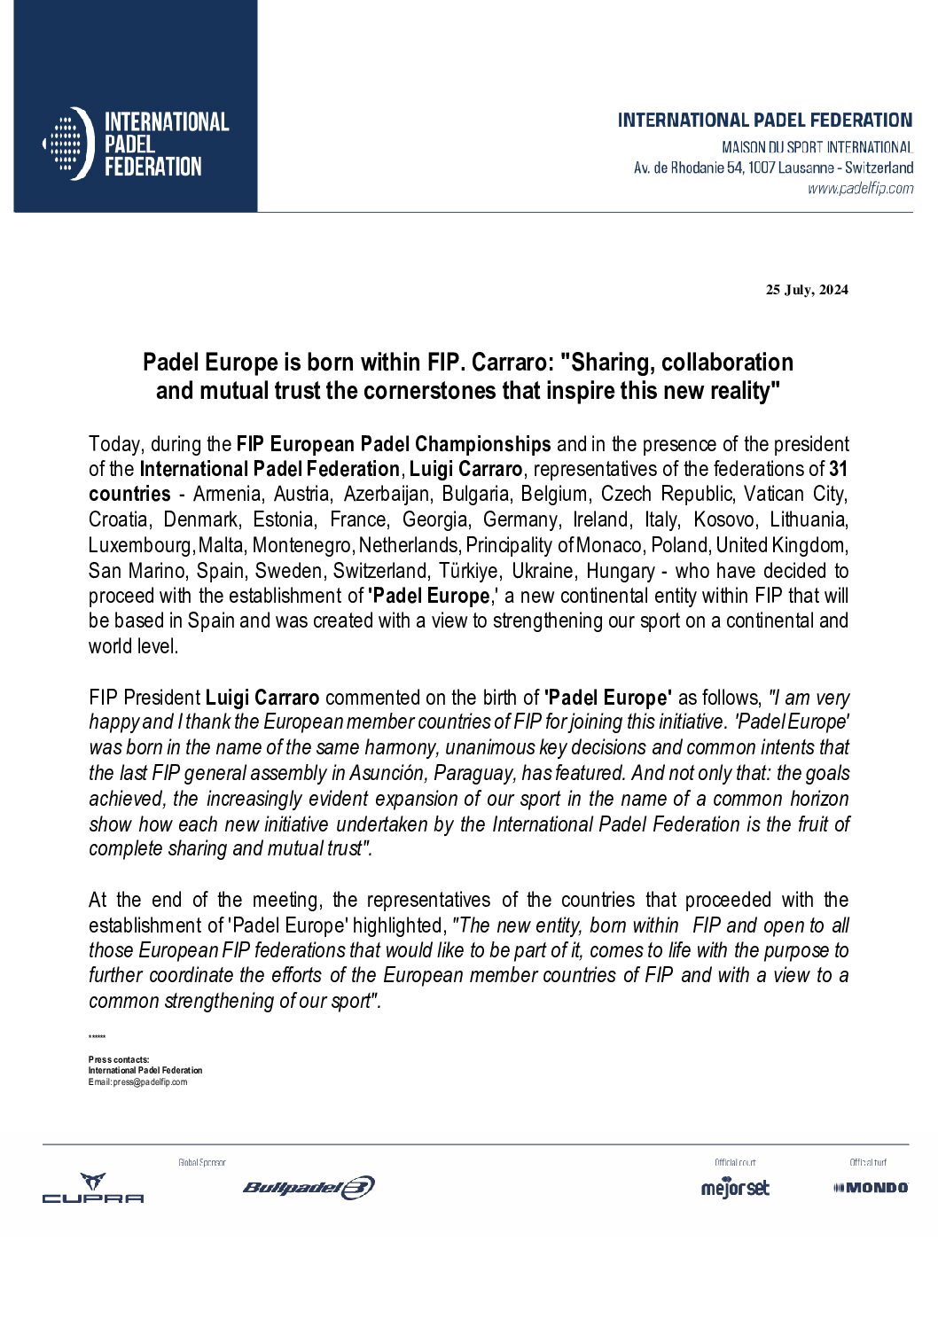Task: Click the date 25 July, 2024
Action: click(807, 290)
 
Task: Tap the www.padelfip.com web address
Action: click(860, 188)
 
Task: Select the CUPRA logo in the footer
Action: click(93, 1188)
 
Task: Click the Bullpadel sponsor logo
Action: click(309, 1188)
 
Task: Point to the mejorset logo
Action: click(735, 1188)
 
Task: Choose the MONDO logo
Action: click(871, 1188)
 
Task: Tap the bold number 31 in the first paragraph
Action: click(838, 469)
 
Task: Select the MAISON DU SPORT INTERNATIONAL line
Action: click(817, 147)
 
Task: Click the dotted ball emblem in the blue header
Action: click(67, 144)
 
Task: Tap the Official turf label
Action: click(867, 1162)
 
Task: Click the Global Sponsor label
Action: click(202, 1162)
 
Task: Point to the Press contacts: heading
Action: click(119, 1060)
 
